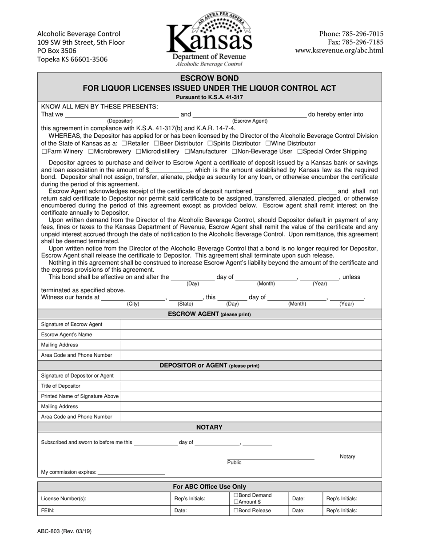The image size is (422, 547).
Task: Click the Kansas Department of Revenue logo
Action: [209, 38]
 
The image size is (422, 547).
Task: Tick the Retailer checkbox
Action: [124, 144]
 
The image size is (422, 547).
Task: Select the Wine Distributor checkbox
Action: [268, 144]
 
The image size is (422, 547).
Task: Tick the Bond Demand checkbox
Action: [236, 495]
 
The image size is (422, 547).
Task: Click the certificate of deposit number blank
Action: [295, 191]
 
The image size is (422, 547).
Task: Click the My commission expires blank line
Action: [131, 472]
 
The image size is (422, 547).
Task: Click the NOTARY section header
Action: [209, 427]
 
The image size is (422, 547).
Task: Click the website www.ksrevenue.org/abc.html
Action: [339, 51]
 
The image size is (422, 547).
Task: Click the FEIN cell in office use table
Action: [104, 511]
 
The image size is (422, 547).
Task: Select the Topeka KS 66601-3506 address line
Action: [72, 59]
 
